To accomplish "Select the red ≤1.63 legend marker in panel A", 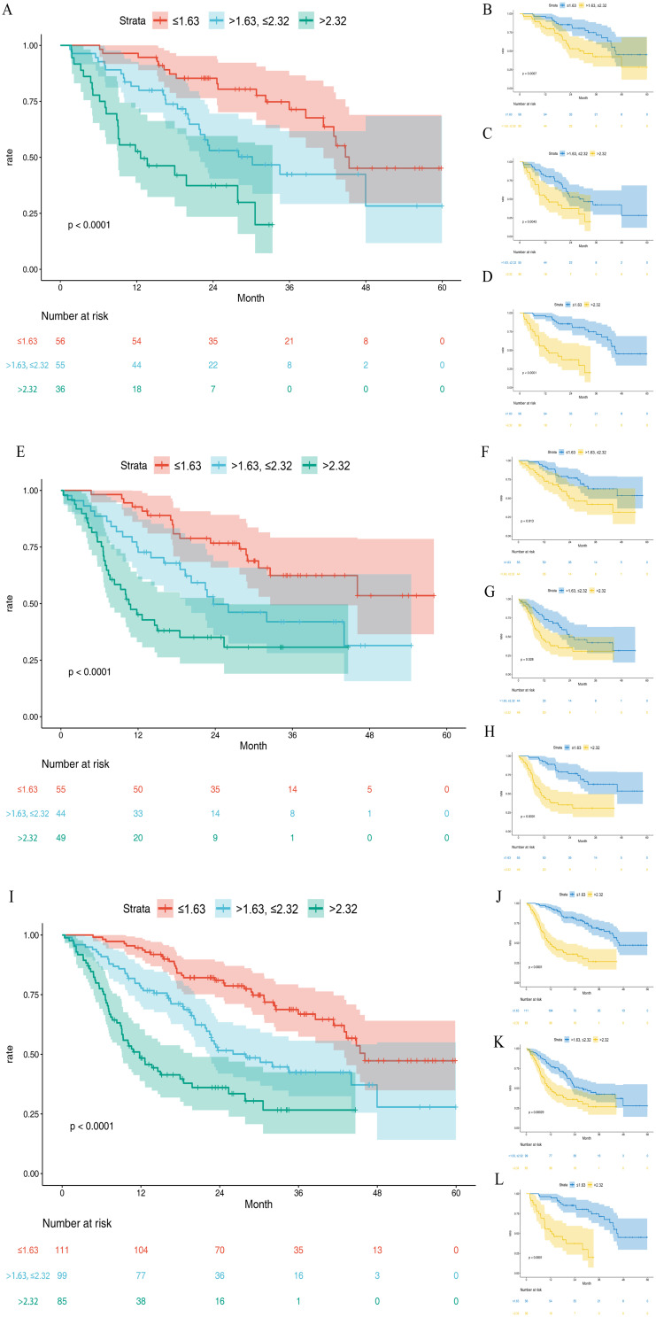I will [x=162, y=19].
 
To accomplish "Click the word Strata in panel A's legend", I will [x=133, y=19].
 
